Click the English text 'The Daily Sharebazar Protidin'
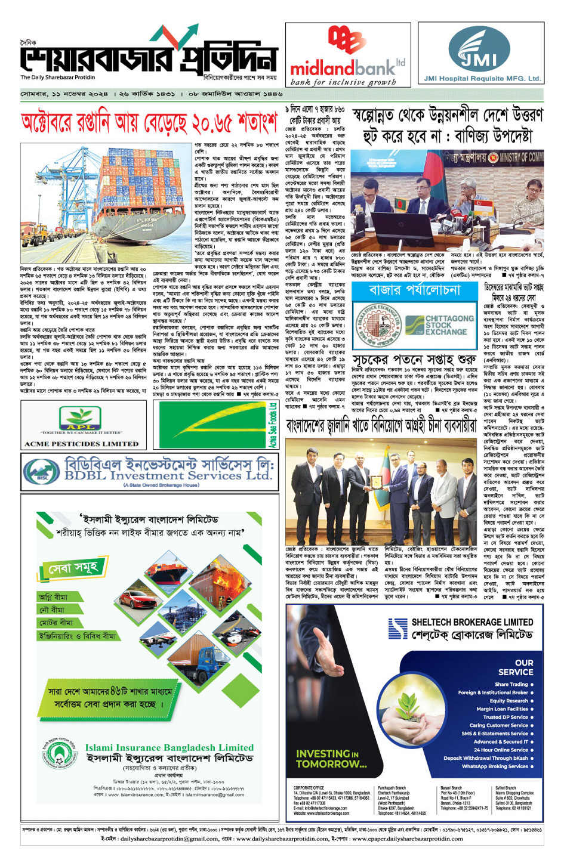[x=58, y=78]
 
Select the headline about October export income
[x=150, y=123]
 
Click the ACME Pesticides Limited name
[x=81, y=444]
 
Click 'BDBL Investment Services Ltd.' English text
[x=168, y=476]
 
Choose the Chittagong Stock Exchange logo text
[x=449, y=326]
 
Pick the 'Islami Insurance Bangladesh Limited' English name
[x=169, y=747]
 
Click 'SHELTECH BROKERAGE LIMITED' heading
[x=472, y=621]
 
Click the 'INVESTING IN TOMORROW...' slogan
[x=331, y=759]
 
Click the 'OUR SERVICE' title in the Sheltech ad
[x=516, y=667]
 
